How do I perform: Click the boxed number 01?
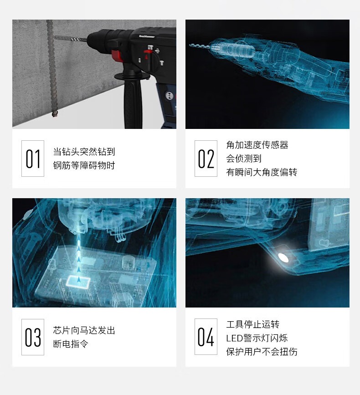click(33, 159)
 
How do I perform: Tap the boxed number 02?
click(206, 159)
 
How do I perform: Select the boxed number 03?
click(33, 337)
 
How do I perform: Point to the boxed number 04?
click(206, 337)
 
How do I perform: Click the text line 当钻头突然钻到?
click(84, 152)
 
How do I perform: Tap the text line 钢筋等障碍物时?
click(84, 165)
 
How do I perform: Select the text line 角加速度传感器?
click(257, 145)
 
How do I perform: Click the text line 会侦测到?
click(244, 159)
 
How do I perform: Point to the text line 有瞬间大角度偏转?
click(262, 172)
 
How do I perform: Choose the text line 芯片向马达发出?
click(84, 330)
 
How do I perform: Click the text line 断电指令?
click(71, 344)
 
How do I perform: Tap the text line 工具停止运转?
click(252, 324)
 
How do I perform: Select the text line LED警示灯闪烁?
click(257, 338)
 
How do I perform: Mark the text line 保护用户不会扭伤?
click(262, 351)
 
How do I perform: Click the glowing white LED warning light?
click(283, 258)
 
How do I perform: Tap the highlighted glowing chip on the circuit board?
click(78, 281)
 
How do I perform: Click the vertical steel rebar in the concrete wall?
click(51, 68)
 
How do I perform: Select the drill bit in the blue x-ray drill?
click(201, 46)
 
